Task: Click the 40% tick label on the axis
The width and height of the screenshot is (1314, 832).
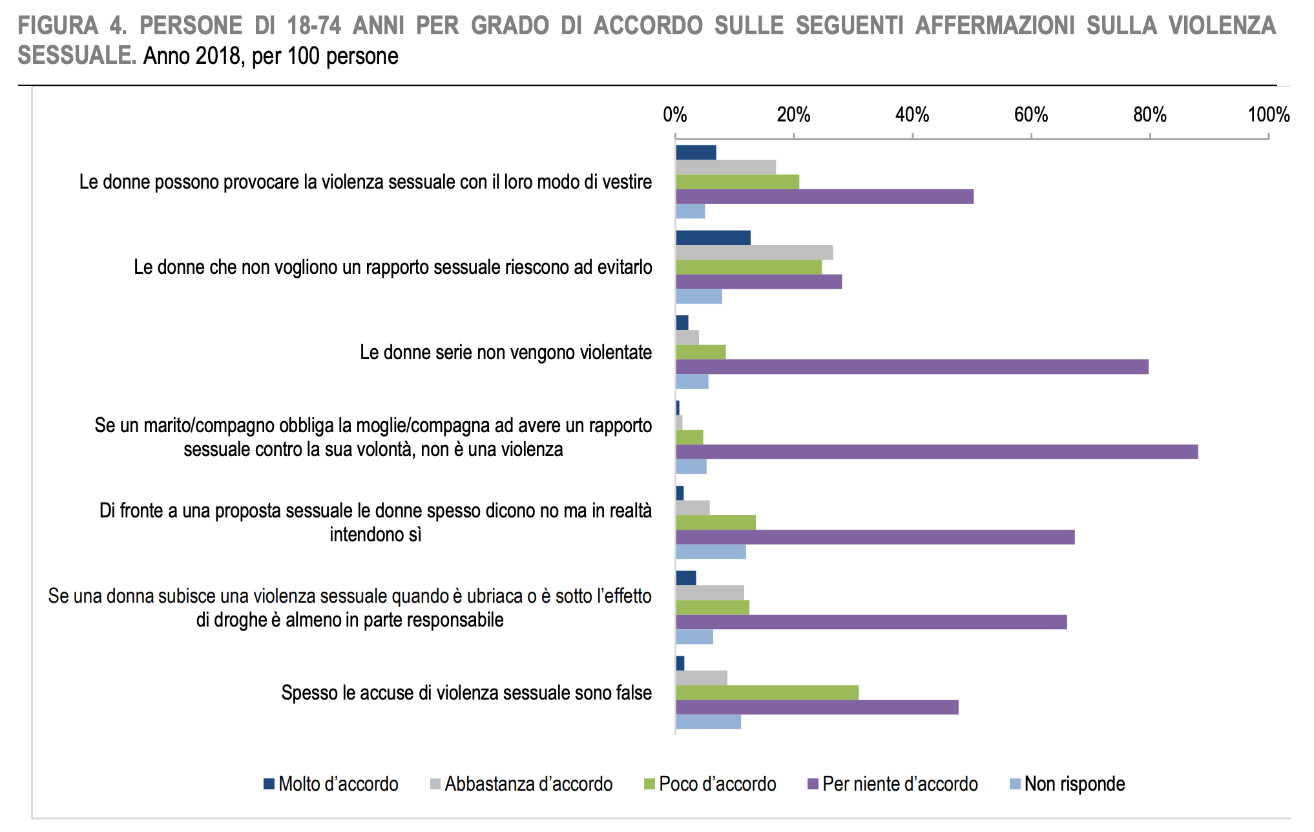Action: click(912, 115)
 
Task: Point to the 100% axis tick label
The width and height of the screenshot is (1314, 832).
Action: click(1268, 115)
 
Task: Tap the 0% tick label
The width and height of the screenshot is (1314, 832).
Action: click(674, 115)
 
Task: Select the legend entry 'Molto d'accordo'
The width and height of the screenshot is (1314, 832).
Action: click(331, 784)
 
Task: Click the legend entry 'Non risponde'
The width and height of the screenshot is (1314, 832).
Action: click(1067, 784)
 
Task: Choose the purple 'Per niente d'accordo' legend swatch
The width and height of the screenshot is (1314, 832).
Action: click(814, 784)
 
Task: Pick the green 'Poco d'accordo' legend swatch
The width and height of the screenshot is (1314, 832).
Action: click(650, 784)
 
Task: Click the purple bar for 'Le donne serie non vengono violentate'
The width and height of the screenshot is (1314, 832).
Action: click(912, 367)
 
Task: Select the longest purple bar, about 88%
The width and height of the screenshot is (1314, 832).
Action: click(937, 452)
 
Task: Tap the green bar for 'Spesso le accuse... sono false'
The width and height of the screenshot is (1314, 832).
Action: click(767, 692)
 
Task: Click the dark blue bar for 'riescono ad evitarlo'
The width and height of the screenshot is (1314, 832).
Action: click(713, 238)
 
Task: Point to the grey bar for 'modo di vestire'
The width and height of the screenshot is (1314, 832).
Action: click(725, 167)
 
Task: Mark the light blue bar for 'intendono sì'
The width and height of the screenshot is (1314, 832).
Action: click(711, 552)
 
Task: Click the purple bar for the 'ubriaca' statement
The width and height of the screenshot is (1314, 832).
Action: click(871, 622)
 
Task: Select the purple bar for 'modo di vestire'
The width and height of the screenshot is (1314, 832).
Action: click(824, 197)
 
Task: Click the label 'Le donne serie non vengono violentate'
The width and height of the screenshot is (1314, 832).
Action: click(505, 353)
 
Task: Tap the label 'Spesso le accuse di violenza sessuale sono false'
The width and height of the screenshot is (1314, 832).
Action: click(466, 693)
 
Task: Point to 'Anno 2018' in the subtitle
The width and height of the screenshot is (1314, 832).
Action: click(192, 57)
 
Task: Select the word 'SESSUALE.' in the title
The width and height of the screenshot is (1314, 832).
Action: click(76, 56)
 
